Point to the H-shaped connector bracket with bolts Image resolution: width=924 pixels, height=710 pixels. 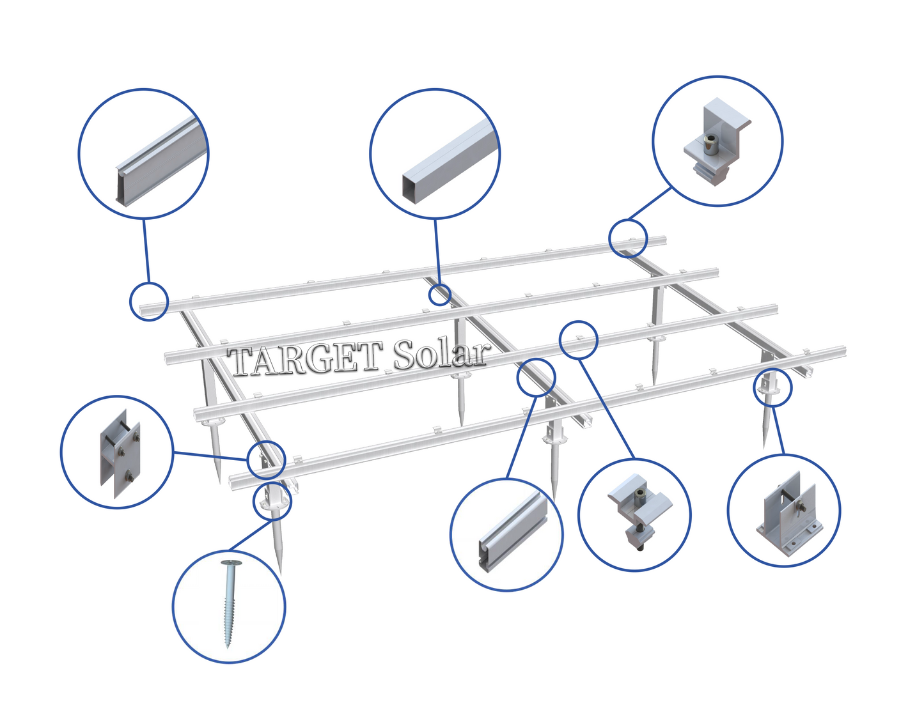[x=120, y=454]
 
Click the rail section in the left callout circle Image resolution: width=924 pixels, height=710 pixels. [x=162, y=162]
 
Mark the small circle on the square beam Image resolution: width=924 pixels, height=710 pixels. [x=440, y=295]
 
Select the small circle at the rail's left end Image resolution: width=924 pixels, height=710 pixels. [x=149, y=302]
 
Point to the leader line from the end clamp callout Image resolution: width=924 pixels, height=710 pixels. [x=649, y=205]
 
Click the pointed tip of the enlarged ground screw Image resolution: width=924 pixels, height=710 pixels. [x=228, y=647]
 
